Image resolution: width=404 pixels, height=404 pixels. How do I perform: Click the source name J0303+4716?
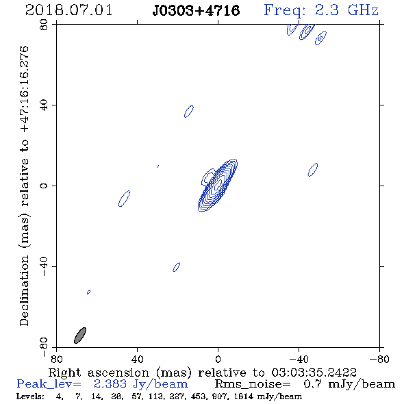coord(196,10)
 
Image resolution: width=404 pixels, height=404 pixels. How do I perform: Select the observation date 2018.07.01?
coord(68,10)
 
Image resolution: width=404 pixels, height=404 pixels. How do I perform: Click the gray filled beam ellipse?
coord(80,336)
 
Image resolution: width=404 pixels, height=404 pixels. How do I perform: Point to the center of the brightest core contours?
coord(218,184)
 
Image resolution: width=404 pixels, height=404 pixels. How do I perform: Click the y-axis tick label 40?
coord(44,105)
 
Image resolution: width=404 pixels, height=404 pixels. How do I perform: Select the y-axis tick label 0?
coord(44,186)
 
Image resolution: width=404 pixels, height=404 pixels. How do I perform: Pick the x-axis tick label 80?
coord(56,359)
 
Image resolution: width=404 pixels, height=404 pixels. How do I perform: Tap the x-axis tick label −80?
coord(379,359)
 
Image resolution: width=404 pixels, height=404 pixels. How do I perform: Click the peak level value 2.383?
coord(110,384)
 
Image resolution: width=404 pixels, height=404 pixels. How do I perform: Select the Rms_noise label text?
coord(253,384)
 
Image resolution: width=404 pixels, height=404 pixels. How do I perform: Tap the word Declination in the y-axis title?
coord(24,290)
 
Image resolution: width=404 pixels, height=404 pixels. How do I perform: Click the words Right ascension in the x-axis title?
coord(99,373)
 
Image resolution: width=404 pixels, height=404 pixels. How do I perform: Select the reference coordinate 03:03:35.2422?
coord(314,373)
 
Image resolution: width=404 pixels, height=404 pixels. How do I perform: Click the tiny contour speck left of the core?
coord(158,166)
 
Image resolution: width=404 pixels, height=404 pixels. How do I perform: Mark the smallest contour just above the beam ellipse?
coord(88,292)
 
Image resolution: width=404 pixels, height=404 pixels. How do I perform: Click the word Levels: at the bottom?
coord(30,396)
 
